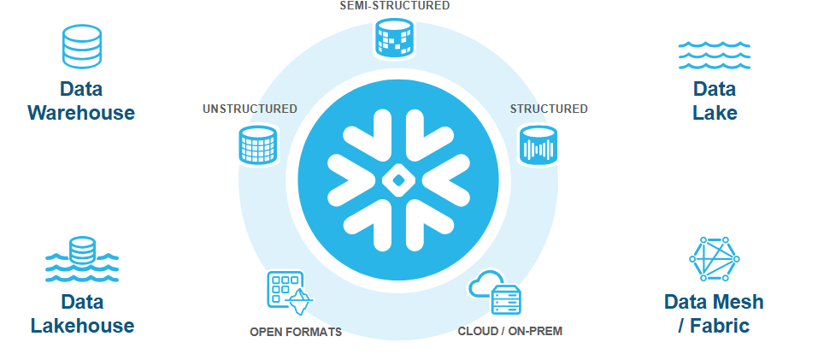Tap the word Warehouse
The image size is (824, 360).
pyautogui.click(x=81, y=112)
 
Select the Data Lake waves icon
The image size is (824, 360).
pyautogui.click(x=714, y=54)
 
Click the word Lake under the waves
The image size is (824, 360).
pyautogui.click(x=715, y=112)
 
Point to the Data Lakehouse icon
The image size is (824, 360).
pyautogui.click(x=81, y=259)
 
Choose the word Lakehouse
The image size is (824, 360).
pyautogui.click(x=82, y=325)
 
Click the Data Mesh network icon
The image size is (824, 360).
pyautogui.click(x=714, y=259)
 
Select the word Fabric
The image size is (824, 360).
pyautogui.click(x=720, y=326)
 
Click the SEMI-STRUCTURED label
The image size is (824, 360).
pyautogui.click(x=394, y=5)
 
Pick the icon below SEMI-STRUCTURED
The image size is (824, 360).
pyautogui.click(x=394, y=38)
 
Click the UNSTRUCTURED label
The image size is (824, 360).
pyautogui.click(x=250, y=109)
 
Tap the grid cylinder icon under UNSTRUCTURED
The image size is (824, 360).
pyautogui.click(x=257, y=145)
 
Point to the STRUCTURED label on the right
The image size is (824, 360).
pyautogui.click(x=549, y=109)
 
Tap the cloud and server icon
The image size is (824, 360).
pyautogui.click(x=496, y=293)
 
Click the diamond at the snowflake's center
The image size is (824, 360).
pyautogui.click(x=397, y=180)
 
